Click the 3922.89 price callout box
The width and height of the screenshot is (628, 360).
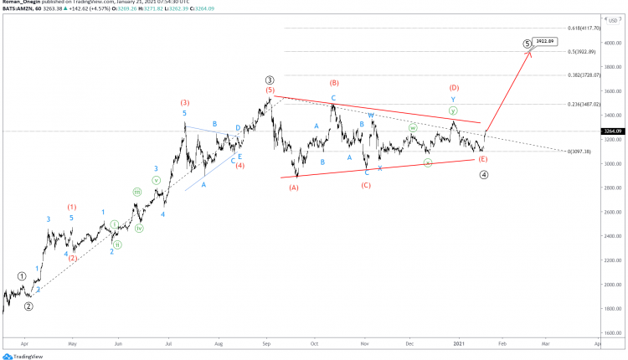(x=546, y=40)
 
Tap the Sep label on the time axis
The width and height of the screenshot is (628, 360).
(x=266, y=343)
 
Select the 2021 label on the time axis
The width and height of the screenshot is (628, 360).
(x=459, y=343)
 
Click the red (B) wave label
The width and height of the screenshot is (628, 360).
(x=334, y=83)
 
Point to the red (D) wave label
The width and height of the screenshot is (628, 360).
(x=454, y=87)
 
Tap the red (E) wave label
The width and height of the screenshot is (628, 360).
(x=482, y=158)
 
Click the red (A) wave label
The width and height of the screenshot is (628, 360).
(x=294, y=188)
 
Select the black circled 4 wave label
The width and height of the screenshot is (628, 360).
(x=484, y=175)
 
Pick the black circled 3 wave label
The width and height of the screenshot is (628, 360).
(x=270, y=79)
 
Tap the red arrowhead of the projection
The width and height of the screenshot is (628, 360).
(x=529, y=54)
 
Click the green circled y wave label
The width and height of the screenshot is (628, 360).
(x=453, y=111)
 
